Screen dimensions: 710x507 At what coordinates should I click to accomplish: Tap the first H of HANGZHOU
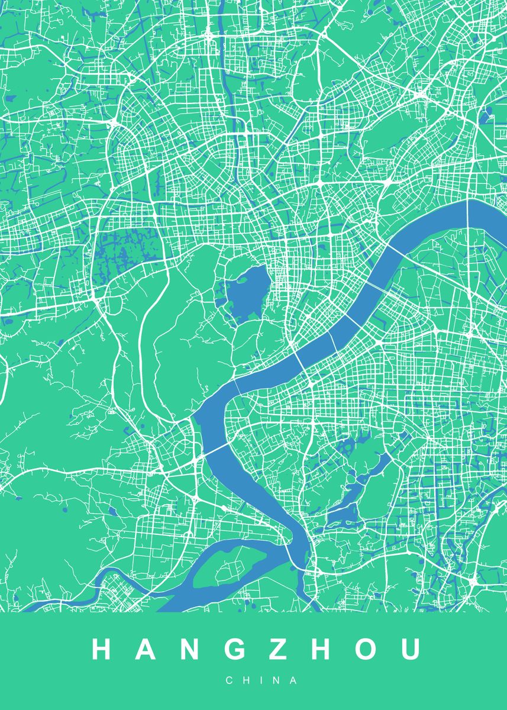(x=102, y=649)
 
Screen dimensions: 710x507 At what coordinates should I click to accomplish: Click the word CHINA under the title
(x=253, y=681)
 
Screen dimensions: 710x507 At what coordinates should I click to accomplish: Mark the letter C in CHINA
(x=229, y=681)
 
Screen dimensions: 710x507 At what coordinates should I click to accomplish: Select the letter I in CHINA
(x=254, y=681)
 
